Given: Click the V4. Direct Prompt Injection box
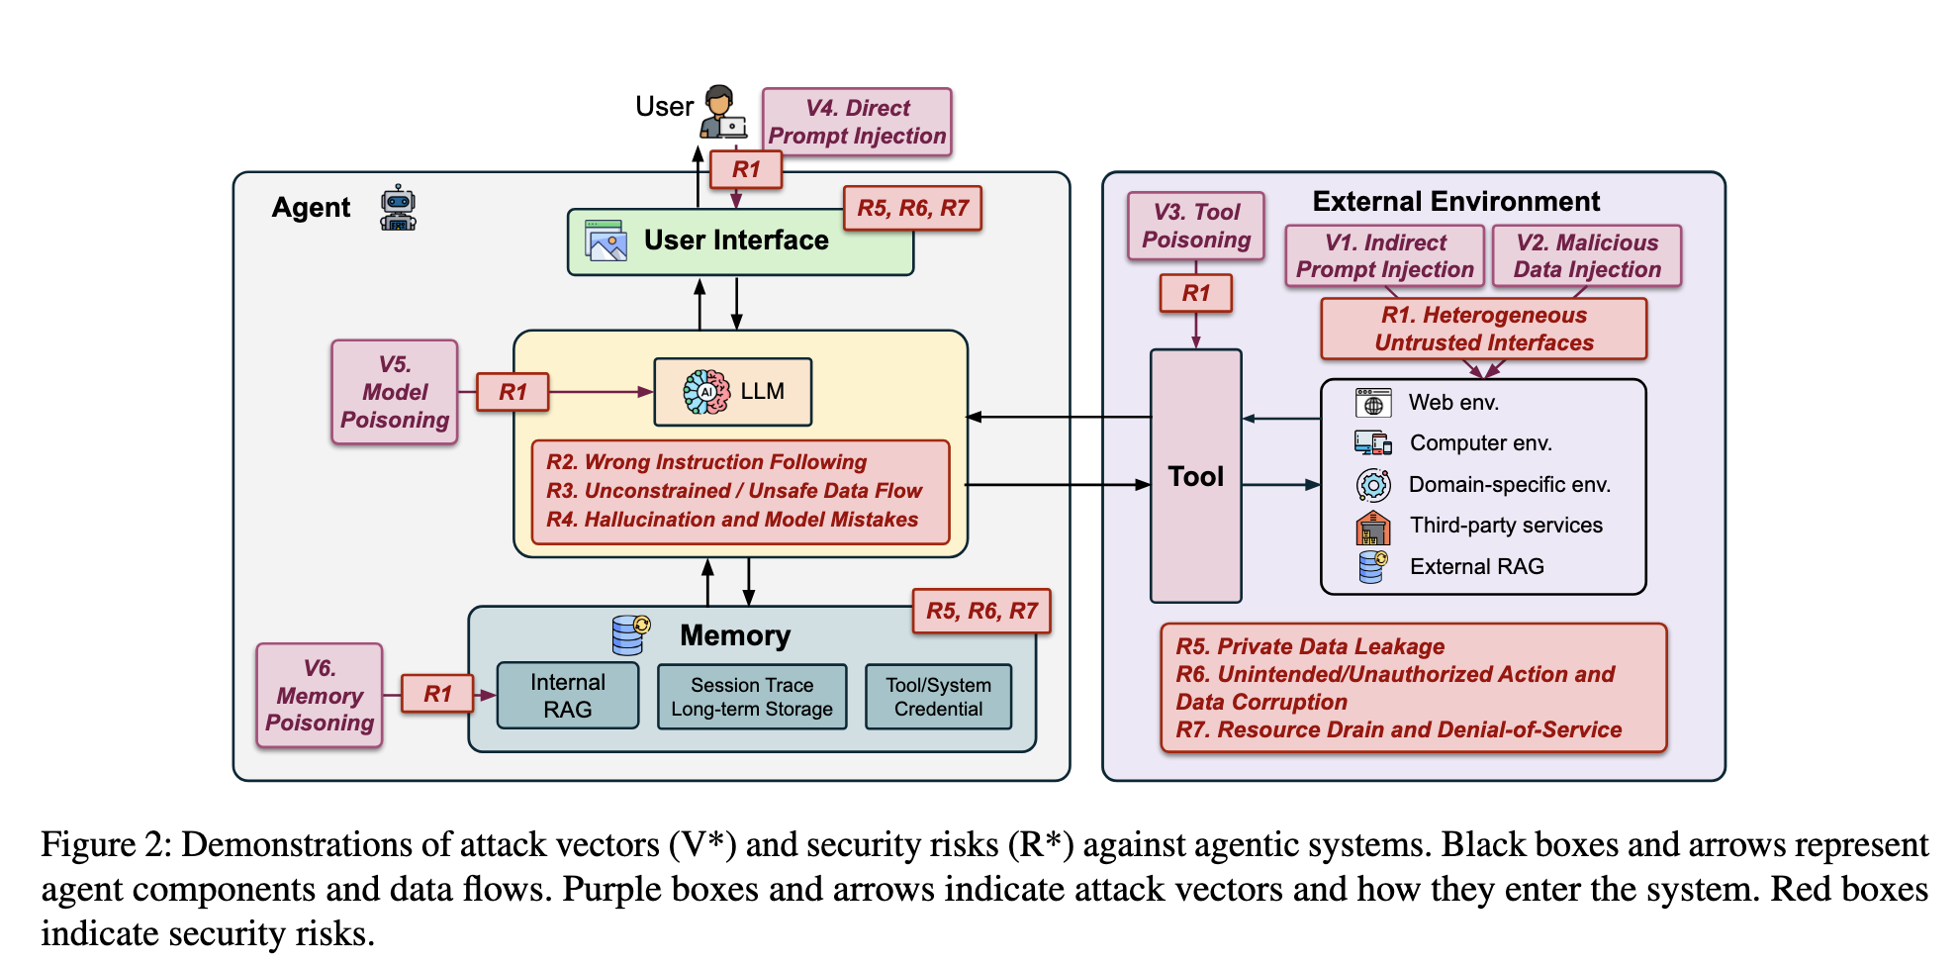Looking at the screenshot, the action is [857, 122].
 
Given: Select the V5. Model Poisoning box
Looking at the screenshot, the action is [395, 392].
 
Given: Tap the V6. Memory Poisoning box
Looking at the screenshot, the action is [320, 695].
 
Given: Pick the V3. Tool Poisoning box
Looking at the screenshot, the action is [1196, 226].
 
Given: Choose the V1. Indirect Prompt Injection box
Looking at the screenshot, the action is [1385, 255].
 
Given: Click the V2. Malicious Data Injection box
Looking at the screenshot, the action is [1587, 255].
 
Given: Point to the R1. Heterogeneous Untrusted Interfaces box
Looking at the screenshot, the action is [1484, 329].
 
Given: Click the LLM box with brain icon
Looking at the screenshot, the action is [733, 392].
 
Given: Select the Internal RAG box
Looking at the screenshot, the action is [568, 696].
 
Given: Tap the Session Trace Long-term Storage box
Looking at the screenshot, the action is [752, 697].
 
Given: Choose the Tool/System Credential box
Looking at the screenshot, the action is [938, 697].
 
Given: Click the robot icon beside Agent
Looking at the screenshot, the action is [398, 208].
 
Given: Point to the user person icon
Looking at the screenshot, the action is [722, 111].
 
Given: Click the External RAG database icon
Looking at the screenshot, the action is [1373, 567].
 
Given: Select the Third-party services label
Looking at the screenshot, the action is [1506, 526].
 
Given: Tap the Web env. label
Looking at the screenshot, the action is [1453, 403].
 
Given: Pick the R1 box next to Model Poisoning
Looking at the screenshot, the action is [513, 392].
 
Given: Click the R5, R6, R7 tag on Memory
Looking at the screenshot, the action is [981, 611].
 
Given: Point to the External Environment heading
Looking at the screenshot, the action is [1455, 202].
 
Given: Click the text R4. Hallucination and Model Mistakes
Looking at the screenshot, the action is [732, 520].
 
